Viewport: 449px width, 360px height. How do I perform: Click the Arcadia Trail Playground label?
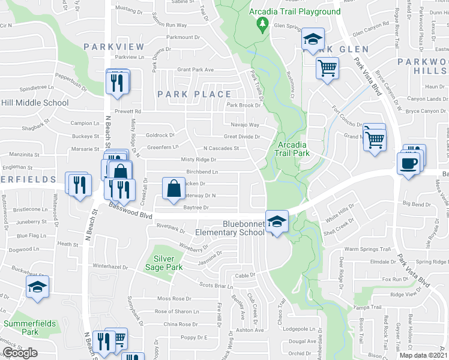296,11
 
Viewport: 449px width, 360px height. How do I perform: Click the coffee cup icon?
408,164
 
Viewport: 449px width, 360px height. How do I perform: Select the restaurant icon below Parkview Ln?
118,82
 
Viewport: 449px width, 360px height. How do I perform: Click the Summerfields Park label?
30,328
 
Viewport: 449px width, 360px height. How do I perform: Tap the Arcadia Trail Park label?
292,149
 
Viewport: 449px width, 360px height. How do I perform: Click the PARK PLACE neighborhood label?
194,94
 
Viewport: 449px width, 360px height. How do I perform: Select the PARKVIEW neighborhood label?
114,47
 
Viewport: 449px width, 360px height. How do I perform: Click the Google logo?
20,353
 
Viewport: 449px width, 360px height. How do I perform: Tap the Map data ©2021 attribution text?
424,355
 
